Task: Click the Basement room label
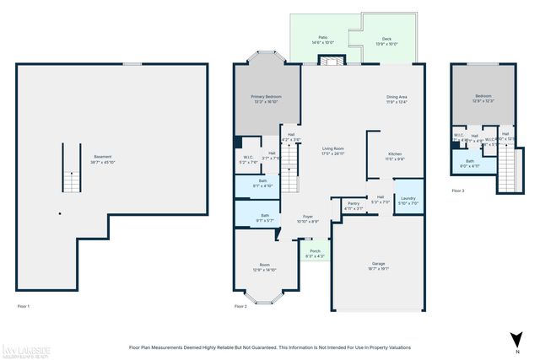click(x=102, y=158)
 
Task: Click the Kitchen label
click(x=395, y=155)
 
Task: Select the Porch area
click(x=314, y=252)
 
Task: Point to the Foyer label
click(x=308, y=218)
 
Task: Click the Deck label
click(x=386, y=40)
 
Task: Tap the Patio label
click(x=322, y=40)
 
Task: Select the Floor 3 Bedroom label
click(x=483, y=98)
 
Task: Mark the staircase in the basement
click(x=71, y=169)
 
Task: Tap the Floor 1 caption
click(x=23, y=306)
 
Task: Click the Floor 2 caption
click(x=240, y=306)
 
